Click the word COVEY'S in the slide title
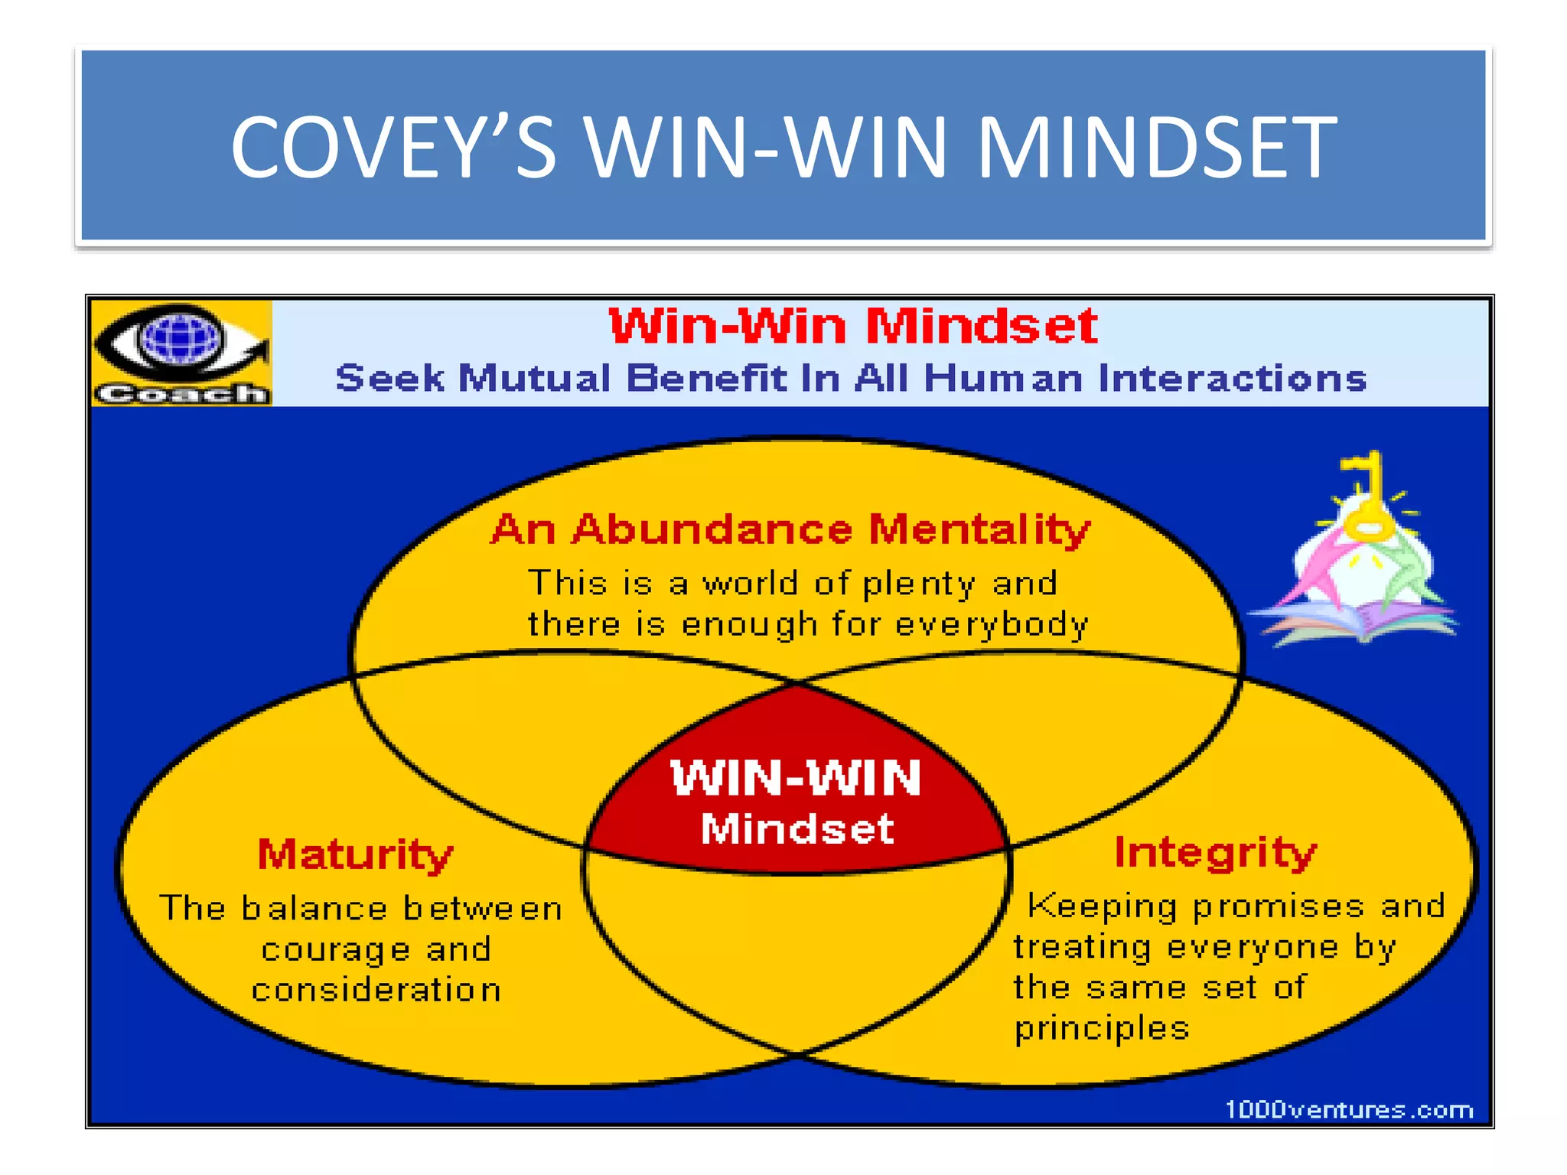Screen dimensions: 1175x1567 (x=393, y=147)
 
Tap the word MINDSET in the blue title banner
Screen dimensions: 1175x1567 (x=1157, y=147)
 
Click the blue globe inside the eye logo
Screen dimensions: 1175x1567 (x=180, y=337)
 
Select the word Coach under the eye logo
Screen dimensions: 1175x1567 (x=181, y=393)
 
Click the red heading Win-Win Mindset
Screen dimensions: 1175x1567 (x=853, y=327)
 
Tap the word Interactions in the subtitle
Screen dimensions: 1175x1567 (x=1232, y=379)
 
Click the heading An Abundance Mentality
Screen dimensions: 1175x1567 (x=790, y=529)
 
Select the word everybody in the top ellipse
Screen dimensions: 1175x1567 (x=992, y=625)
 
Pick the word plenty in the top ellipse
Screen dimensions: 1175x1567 (x=918, y=584)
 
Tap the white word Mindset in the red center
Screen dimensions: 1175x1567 (x=797, y=828)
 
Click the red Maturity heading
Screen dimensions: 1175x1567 (x=355, y=854)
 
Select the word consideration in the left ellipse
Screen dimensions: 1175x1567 (x=376, y=990)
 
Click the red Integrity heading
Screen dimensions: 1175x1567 (x=1215, y=853)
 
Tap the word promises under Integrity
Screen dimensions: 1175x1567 (x=1278, y=907)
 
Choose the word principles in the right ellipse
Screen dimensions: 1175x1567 (x=1102, y=1029)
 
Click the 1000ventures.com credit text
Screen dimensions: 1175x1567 (x=1349, y=1109)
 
